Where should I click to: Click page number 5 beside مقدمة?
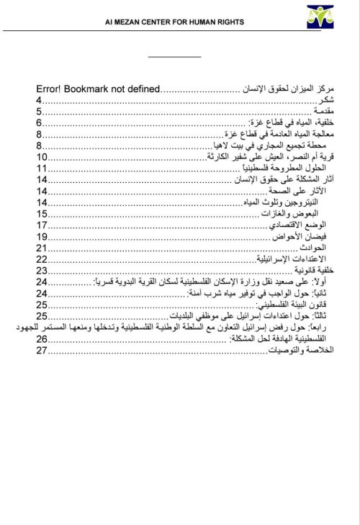pos(39,113)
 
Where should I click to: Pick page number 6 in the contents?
pos(39,124)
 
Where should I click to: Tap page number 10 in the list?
pos(42,157)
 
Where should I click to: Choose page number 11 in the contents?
pos(42,169)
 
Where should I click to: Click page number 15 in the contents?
pos(42,214)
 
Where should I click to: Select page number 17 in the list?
pos(42,225)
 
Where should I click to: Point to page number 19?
pos(42,236)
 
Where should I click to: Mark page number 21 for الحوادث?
pos(42,248)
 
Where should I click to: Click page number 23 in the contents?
pos(42,270)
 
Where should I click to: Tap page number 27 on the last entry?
pos(42,350)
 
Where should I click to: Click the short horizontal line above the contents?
pos(174,56)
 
